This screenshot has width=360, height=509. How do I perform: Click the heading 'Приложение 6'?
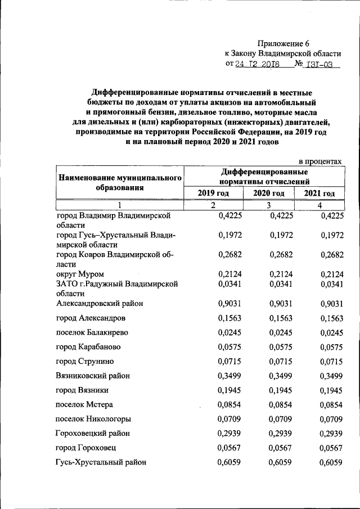pyautogui.click(x=283, y=43)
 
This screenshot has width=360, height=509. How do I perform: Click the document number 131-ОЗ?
pyautogui.click(x=318, y=64)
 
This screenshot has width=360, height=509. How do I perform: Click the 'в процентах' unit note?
pyautogui.click(x=319, y=161)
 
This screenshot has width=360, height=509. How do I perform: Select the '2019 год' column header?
pyautogui.click(x=213, y=193)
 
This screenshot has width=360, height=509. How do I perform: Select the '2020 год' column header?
pyautogui.click(x=268, y=193)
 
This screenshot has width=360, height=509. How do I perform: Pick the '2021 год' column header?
pyautogui.click(x=319, y=193)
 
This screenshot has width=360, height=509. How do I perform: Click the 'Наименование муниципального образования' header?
pyautogui.click(x=119, y=183)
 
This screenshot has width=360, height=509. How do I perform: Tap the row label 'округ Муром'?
pyautogui.click(x=80, y=274)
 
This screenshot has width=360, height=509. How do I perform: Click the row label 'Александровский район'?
pyautogui.click(x=100, y=303)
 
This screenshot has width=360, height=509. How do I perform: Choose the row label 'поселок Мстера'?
pyautogui.click(x=84, y=404)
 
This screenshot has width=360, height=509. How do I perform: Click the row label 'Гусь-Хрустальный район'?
pyautogui.click(x=101, y=462)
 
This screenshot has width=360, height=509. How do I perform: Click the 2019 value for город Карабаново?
pyautogui.click(x=228, y=347)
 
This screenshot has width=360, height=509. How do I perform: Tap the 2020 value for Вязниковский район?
pyautogui.click(x=281, y=376)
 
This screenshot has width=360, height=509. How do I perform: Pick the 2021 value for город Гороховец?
pyautogui.click(x=331, y=448)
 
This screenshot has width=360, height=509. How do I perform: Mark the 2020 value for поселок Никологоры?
pyautogui.click(x=281, y=419)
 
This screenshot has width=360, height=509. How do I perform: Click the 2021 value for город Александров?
pyautogui.click(x=331, y=318)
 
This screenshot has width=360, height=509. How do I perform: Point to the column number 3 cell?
pyautogui.click(x=269, y=205)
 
